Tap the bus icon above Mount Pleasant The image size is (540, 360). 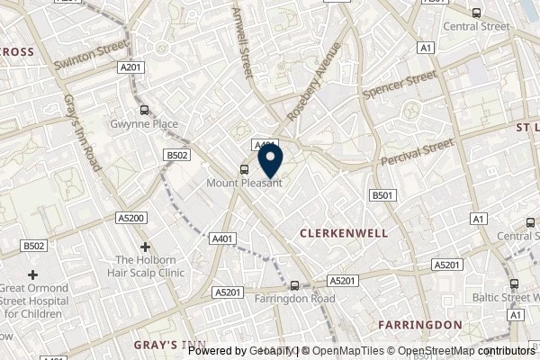point(244,168)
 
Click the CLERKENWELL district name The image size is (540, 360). point(343,232)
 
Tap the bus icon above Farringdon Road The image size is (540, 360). point(293,285)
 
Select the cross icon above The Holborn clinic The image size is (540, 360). point(145,246)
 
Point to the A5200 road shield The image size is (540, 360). point(105,219)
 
